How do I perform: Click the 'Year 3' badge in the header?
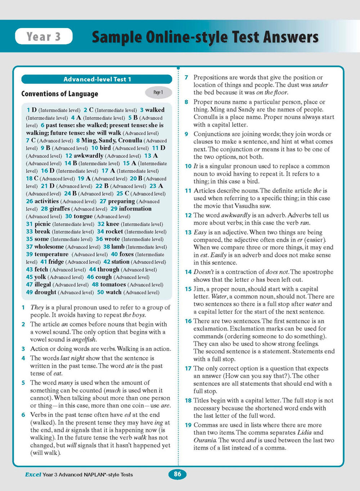[x=44, y=36]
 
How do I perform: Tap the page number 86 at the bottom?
[x=177, y=474]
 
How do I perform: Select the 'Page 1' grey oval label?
[x=158, y=92]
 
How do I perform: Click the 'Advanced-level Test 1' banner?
[x=97, y=79]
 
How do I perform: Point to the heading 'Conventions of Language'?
[x=60, y=94]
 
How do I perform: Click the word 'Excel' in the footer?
[x=33, y=474]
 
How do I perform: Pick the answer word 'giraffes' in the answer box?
[x=59, y=209]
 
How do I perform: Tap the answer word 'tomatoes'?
[x=113, y=285]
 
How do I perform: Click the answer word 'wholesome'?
[x=49, y=247]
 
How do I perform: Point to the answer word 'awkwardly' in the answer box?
[x=88, y=156]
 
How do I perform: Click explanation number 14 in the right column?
[x=188, y=272]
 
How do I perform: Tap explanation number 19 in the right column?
[x=188, y=425]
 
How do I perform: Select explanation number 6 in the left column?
[x=23, y=415]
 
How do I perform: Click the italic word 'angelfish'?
[x=84, y=340]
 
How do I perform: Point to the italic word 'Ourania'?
[x=205, y=440]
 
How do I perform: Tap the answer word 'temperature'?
[x=51, y=254]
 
